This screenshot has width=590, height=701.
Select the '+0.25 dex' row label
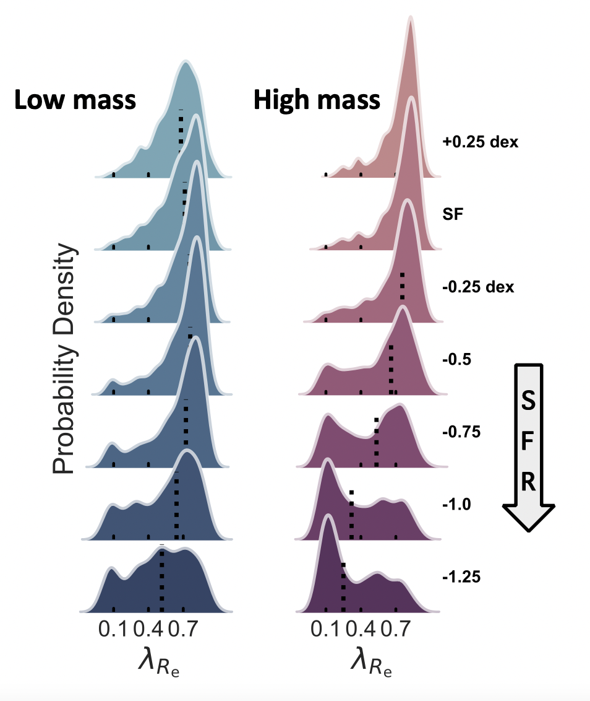click(x=480, y=142)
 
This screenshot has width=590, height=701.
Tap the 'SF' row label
click(x=451, y=214)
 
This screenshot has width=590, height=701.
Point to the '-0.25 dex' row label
click(x=478, y=287)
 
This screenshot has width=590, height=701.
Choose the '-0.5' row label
click(x=456, y=359)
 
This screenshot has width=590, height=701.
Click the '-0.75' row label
click(x=461, y=432)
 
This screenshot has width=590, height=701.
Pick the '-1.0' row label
click(x=457, y=504)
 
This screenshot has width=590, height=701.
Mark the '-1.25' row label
click(x=461, y=577)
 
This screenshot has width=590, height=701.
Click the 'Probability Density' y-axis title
click(x=64, y=359)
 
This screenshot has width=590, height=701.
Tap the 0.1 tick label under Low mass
click(x=112, y=630)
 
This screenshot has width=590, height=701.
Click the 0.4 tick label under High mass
click(x=361, y=630)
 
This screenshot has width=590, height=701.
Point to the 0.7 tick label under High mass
click(x=396, y=630)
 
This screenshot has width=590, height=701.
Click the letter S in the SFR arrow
click(x=529, y=401)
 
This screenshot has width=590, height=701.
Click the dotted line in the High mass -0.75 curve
click(x=376, y=443)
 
